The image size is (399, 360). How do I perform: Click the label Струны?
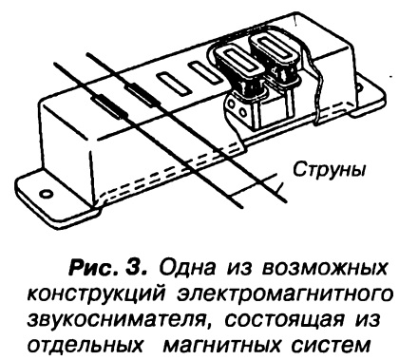point(329,170)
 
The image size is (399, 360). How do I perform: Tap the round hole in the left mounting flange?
point(46,194)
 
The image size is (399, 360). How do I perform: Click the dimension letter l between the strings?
point(278,189)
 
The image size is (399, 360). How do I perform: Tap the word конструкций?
point(96,295)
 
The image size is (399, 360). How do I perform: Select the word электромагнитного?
point(283,295)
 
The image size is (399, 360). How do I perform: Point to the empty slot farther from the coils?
point(174,84)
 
